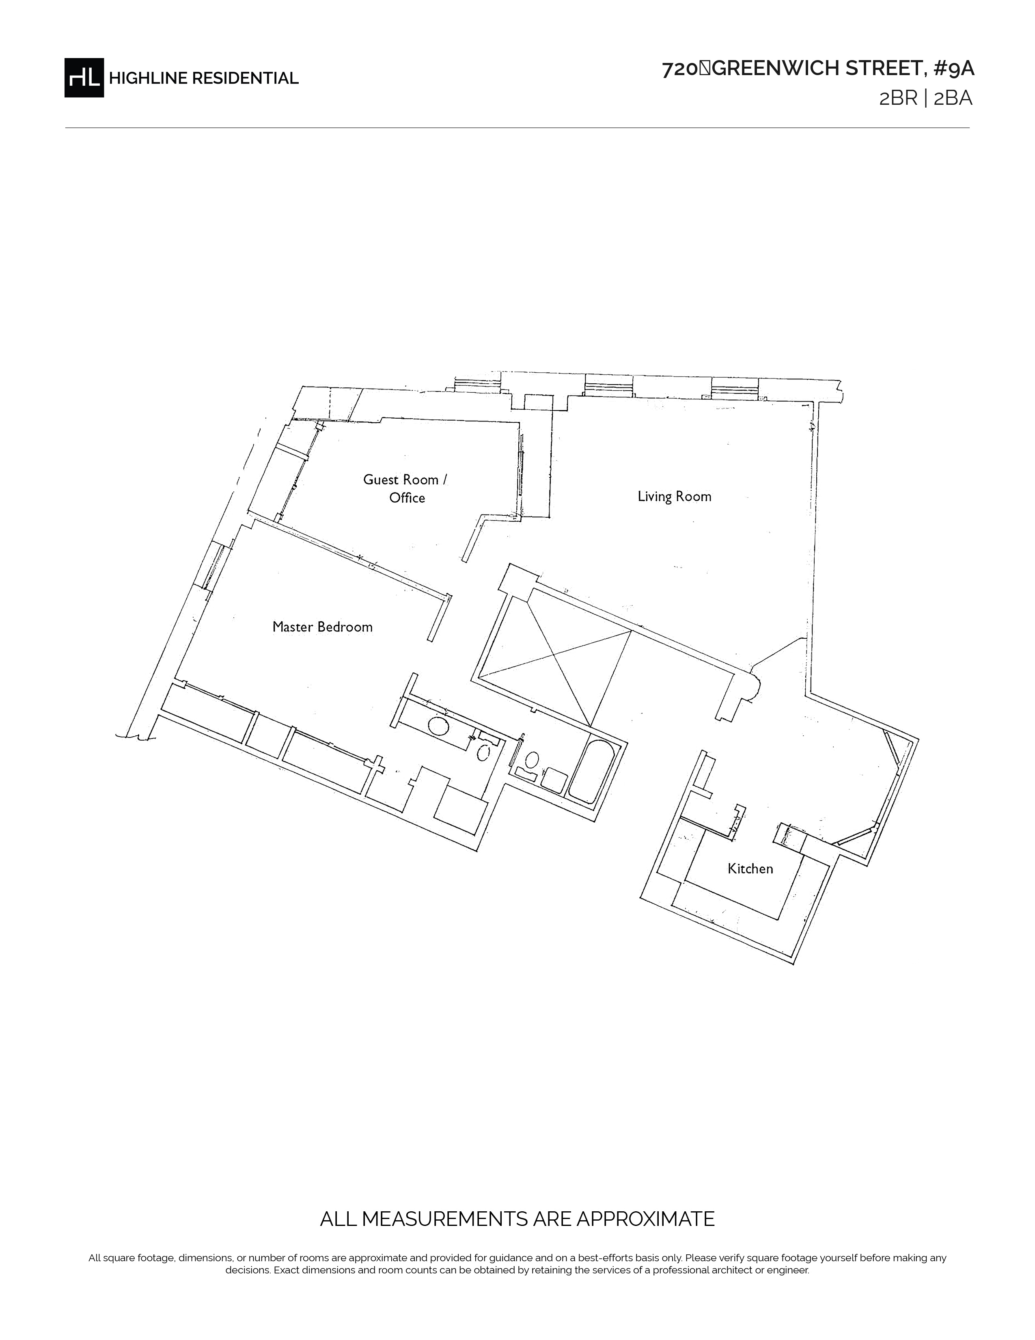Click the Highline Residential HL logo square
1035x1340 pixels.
[84, 77]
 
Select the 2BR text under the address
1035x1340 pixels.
[898, 98]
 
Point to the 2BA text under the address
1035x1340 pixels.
[953, 98]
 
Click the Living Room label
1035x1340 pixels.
[675, 496]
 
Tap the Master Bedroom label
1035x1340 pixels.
[323, 627]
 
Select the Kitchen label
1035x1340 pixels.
[750, 868]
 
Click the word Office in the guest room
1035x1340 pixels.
[407, 497]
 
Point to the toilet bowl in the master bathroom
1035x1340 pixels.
[483, 752]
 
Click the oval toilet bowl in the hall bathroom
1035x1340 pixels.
[532, 760]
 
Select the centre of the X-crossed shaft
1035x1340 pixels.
[554, 655]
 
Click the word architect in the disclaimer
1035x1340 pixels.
[736, 1270]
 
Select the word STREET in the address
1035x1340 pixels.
[884, 69]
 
